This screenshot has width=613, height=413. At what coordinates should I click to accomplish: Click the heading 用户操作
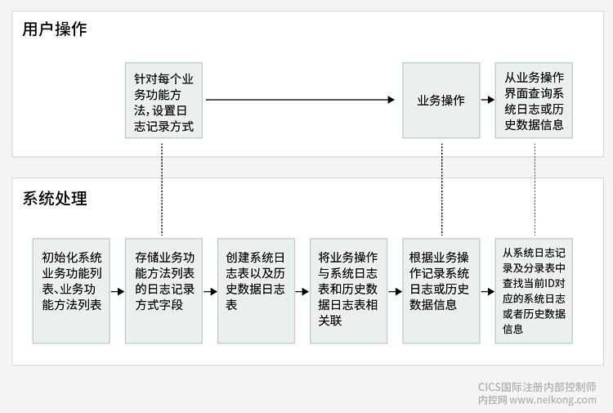coord(55,30)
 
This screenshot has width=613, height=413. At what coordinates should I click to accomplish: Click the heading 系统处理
coord(55,199)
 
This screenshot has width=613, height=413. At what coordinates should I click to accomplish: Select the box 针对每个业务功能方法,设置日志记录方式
coord(163,101)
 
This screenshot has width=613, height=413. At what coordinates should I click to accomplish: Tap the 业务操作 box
coord(441,101)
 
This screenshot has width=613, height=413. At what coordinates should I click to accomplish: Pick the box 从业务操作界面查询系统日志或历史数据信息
coord(534,101)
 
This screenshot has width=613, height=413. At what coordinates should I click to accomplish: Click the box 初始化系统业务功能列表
coord(71,290)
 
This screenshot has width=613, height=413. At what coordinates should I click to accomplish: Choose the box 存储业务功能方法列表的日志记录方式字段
coord(163,290)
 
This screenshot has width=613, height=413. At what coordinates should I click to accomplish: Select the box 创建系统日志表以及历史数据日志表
coord(256,290)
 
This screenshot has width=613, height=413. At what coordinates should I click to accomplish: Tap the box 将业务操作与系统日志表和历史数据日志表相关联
coord(349,290)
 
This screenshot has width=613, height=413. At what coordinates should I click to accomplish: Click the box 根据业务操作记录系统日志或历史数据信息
coord(441,290)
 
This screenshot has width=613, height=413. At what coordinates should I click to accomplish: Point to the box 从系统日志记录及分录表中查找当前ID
coord(534,290)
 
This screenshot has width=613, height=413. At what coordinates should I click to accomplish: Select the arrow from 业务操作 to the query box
coord(487,101)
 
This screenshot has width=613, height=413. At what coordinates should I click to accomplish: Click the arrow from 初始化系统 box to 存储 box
coord(117,290)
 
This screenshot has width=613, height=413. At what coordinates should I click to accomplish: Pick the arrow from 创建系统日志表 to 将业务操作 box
coord(302,290)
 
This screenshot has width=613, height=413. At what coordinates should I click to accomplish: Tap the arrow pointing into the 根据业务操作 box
coord(395,290)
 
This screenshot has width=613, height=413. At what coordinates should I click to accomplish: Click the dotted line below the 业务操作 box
coord(441,188)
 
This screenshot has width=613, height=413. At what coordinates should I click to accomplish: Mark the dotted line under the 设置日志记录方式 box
coord(163,188)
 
